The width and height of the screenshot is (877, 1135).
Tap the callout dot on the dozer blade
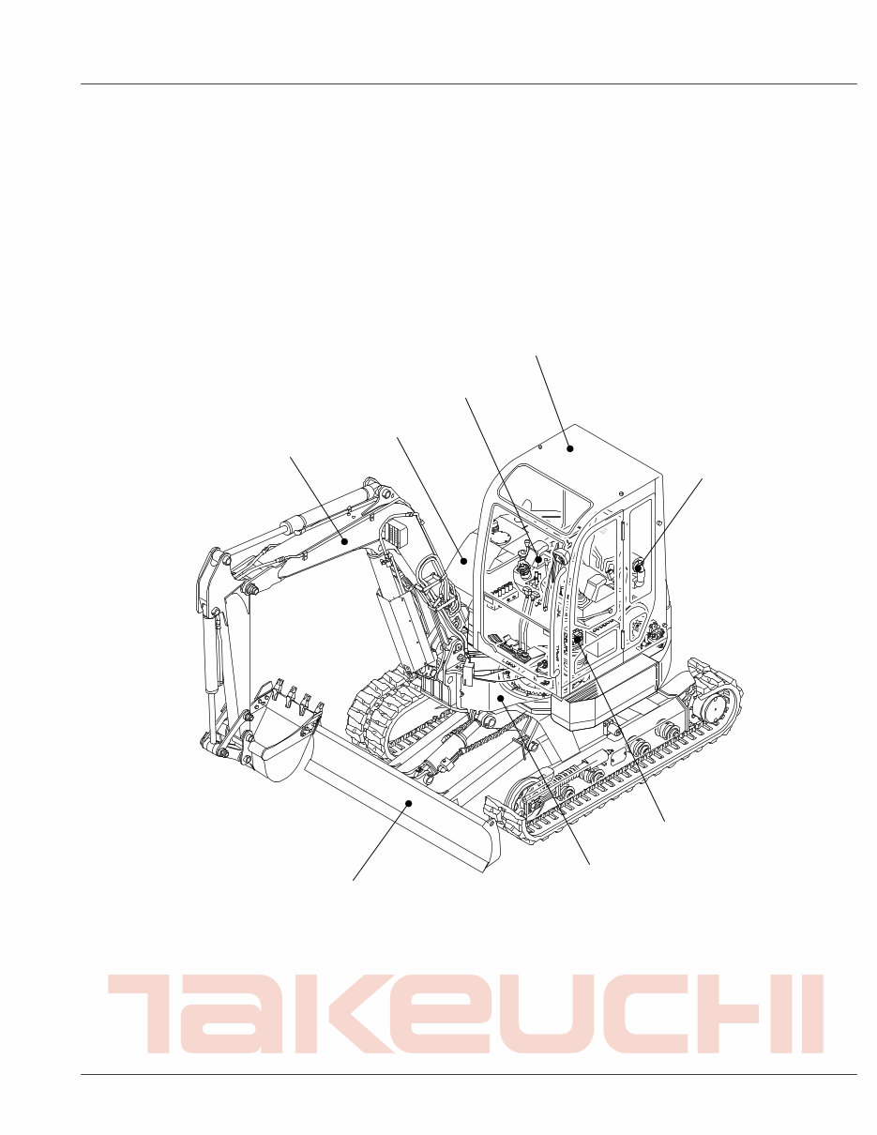coord(409,804)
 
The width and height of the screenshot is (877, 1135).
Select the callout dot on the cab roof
coord(569,448)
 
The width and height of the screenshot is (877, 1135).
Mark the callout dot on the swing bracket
coord(503,699)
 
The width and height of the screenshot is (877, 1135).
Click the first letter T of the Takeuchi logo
coord(149,1013)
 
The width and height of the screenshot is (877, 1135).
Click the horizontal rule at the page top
coord(469,84)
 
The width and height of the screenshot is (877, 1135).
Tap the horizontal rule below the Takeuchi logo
coord(469,1074)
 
